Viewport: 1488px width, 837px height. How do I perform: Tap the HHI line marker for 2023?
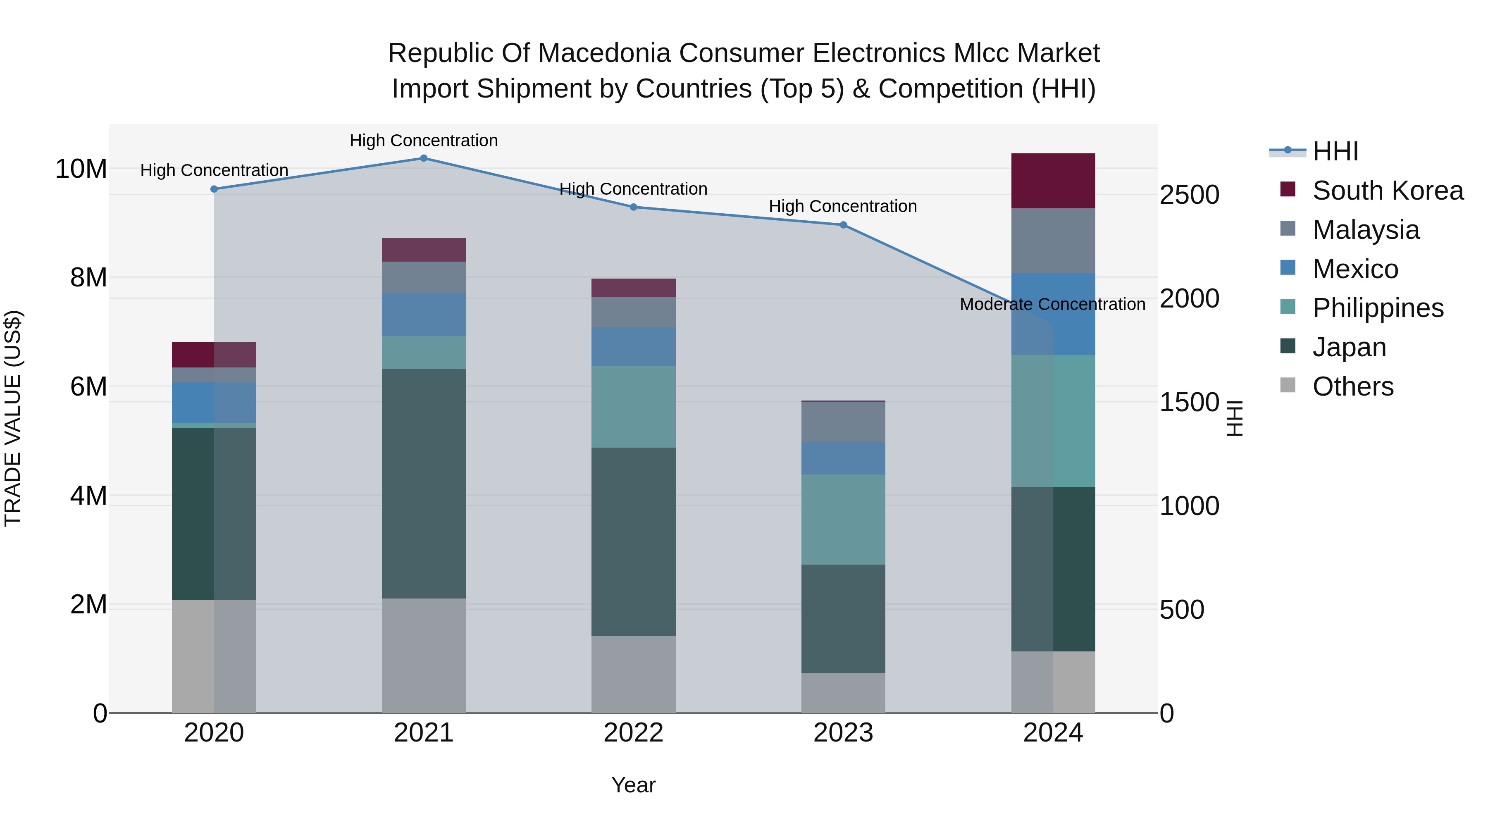coord(843,225)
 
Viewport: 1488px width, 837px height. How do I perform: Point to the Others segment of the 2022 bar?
coord(633,674)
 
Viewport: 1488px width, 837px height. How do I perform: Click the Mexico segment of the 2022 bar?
coord(633,347)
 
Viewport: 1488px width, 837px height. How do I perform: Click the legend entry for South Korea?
coord(1388,191)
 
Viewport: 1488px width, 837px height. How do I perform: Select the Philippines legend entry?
coord(1378,308)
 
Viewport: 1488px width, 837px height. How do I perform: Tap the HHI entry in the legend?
coord(1335,151)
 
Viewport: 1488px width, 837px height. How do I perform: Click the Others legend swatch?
coord(1288,385)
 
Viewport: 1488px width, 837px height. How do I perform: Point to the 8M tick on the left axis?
coord(88,278)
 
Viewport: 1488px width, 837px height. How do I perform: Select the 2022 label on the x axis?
coord(633,733)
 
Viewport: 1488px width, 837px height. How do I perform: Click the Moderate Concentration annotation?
coord(1052,304)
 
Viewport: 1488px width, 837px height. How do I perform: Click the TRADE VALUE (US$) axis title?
coord(13,418)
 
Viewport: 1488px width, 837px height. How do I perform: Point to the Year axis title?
coord(633,785)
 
